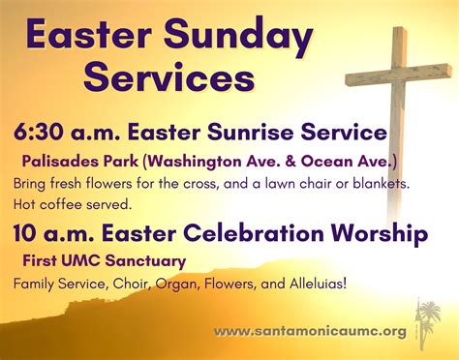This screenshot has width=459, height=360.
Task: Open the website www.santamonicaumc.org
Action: click(311, 331)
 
